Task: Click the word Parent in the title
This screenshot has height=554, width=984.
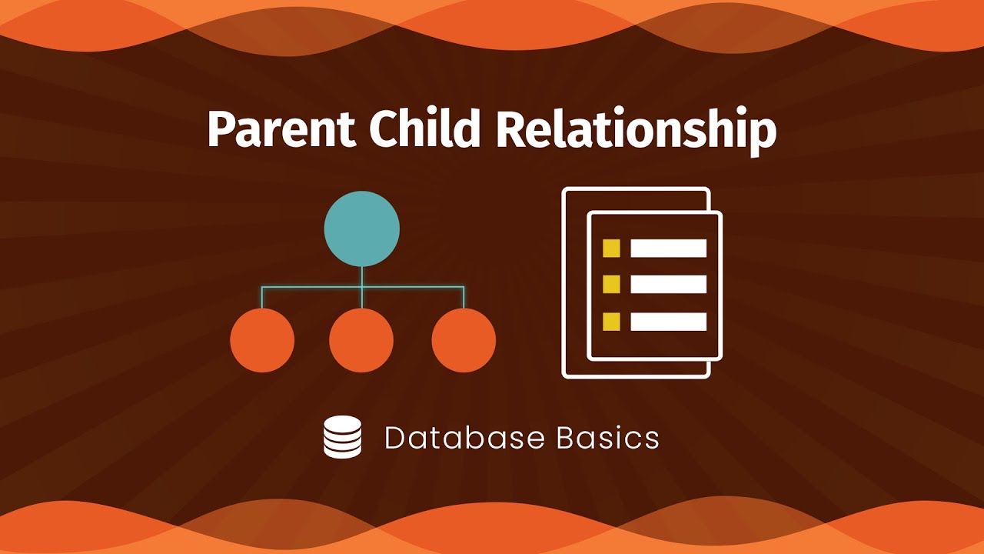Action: point(281,130)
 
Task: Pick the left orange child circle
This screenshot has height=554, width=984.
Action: point(262,340)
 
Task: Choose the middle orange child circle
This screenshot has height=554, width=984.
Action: point(361,340)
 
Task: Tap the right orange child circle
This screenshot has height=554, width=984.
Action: point(464,340)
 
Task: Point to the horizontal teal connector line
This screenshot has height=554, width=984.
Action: point(311,287)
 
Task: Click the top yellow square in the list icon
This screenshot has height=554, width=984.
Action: point(611,248)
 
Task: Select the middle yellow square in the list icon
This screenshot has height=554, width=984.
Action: point(611,284)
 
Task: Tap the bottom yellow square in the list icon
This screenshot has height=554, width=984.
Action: point(611,321)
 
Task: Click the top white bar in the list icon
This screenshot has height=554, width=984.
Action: point(668,248)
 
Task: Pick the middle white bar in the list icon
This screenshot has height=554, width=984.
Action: point(668,284)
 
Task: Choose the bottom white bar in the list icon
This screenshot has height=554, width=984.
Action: point(668,321)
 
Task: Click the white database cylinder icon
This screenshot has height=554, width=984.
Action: point(342,437)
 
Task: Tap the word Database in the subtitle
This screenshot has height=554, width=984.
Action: point(464,438)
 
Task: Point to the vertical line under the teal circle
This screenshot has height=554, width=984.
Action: point(362,277)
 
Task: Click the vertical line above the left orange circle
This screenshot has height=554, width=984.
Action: point(262,298)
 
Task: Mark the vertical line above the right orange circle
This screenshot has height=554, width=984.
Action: point(464,298)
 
